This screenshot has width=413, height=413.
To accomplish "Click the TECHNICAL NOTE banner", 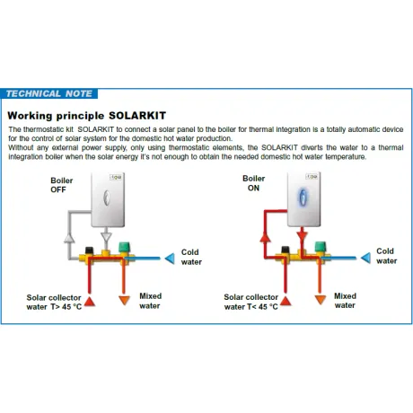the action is tap(49, 93).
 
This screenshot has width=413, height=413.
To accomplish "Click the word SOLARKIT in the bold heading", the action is tap(137, 116).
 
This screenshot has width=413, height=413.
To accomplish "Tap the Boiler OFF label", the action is tap(61, 185).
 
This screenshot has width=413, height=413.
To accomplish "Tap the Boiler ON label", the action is tap(253, 183).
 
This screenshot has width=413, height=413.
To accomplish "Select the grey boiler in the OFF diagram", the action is tap(108, 199).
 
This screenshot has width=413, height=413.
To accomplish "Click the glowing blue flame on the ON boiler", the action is tap(303, 198).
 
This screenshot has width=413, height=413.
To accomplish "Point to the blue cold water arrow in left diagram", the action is tap(170, 259).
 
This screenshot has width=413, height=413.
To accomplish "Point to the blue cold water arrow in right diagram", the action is tap(365, 258).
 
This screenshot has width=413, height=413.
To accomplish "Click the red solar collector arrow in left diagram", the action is tap(90, 302).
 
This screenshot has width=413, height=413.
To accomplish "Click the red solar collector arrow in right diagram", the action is tap(286, 301).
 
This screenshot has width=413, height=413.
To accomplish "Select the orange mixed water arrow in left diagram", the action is tap(124, 300).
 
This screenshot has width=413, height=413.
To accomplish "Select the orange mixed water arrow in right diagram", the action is tap(321, 300).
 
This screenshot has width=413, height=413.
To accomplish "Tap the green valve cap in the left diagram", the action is tap(124, 247).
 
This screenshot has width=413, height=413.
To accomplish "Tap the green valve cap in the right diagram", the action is tap(321, 247).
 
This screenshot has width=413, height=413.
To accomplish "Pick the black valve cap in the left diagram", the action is tap(89, 250).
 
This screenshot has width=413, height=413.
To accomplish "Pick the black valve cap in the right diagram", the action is tap(286, 250).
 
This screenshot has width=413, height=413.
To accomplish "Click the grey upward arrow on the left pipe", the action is tap(69, 238).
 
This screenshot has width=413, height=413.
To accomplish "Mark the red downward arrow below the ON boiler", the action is tap(302, 235).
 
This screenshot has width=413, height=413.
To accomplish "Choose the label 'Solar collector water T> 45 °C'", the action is tap(54, 303).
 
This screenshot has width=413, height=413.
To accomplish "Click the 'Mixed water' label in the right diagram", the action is tap(345, 301).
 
